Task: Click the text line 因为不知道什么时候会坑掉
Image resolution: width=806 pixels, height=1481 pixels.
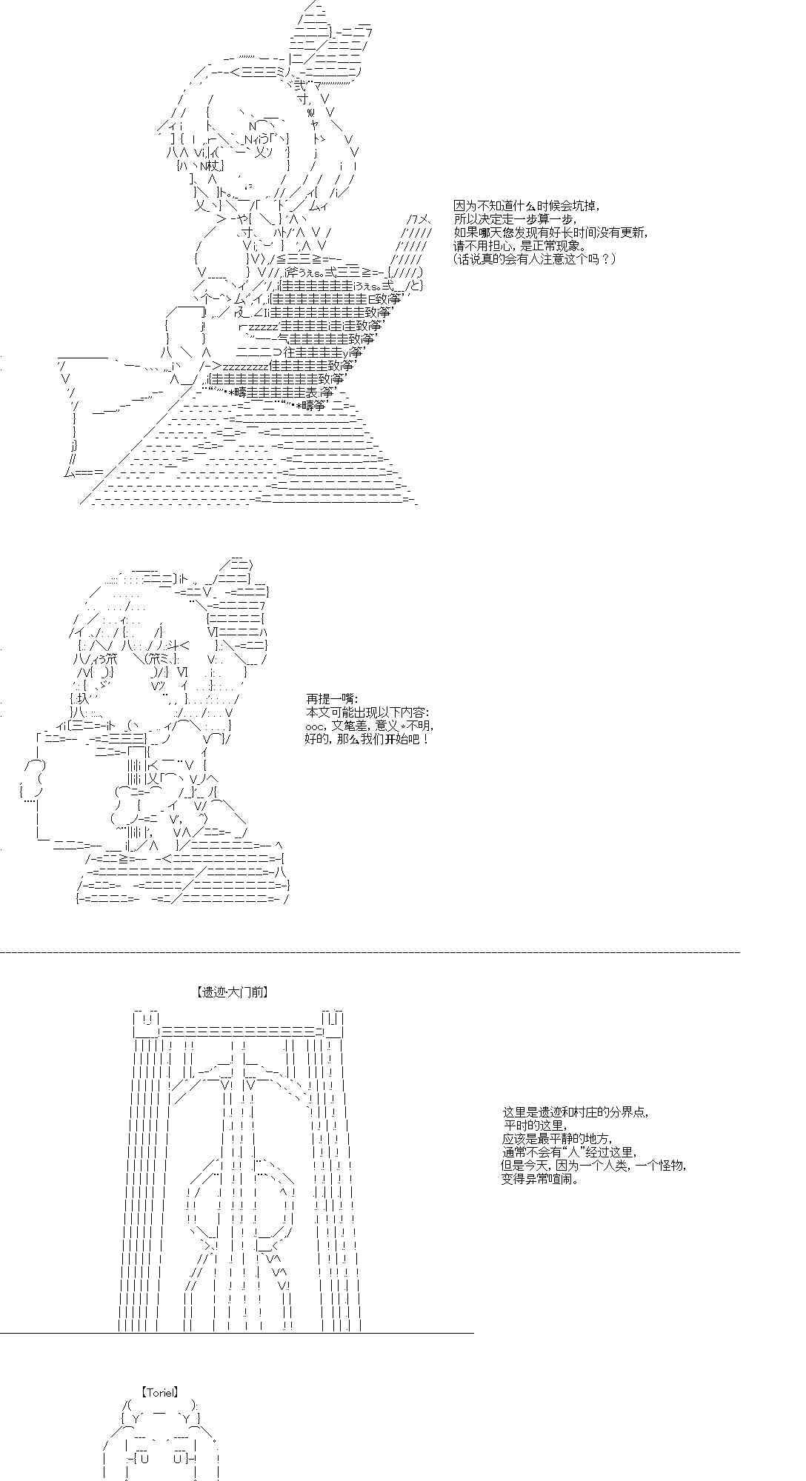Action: click(527, 206)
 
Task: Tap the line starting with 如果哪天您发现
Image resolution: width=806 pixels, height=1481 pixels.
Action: click(551, 233)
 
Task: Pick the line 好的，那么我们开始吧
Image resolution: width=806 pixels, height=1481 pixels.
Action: click(367, 739)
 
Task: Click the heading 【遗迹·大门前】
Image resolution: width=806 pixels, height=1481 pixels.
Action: click(232, 992)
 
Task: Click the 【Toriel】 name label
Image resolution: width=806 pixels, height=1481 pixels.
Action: click(160, 1392)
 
